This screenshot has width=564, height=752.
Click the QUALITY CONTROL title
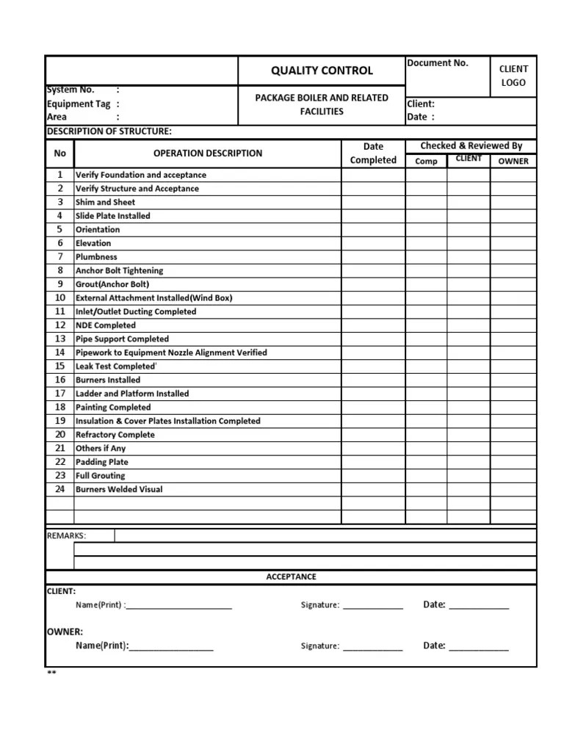(x=322, y=70)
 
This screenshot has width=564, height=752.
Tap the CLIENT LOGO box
(x=513, y=76)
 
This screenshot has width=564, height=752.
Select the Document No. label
(x=438, y=63)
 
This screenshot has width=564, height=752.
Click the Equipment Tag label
(x=79, y=104)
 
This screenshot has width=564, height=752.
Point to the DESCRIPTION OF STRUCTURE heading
(x=109, y=131)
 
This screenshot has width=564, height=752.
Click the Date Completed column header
(x=373, y=153)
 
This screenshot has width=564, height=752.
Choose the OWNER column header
(x=513, y=161)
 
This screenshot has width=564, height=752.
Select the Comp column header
(x=426, y=161)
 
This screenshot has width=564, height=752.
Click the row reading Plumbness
(x=96, y=257)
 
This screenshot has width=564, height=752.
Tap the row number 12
(x=60, y=325)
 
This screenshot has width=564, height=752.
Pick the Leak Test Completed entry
(x=116, y=366)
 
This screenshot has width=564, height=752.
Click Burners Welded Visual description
(x=119, y=489)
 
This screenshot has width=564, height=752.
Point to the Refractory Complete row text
(x=115, y=435)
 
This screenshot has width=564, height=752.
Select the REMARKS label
(x=66, y=535)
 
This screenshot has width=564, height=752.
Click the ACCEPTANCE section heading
(x=291, y=576)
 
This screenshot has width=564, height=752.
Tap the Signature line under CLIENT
(x=372, y=606)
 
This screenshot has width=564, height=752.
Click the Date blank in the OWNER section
(x=478, y=646)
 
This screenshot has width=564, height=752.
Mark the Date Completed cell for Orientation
(x=373, y=229)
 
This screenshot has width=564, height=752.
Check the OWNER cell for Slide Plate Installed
(x=513, y=216)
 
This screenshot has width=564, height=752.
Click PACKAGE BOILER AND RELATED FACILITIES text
(x=322, y=104)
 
